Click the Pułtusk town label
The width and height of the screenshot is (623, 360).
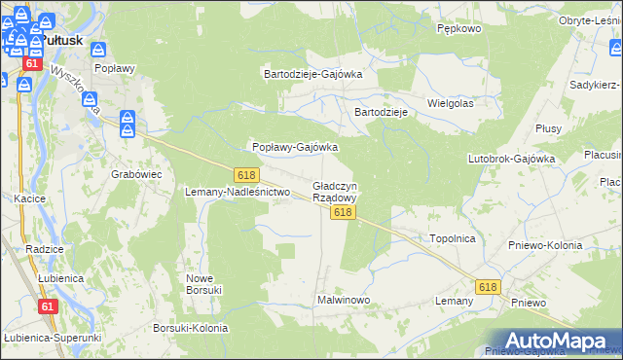[60, 41]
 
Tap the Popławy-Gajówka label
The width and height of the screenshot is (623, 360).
[295, 148]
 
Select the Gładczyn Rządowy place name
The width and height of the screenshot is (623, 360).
[335, 191]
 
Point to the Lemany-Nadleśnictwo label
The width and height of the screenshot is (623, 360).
[238, 193]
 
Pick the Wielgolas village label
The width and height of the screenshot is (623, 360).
[451, 102]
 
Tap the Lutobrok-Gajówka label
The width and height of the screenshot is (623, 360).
[511, 158]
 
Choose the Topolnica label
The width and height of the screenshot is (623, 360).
[452, 237]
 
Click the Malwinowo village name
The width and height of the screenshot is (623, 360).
[344, 300]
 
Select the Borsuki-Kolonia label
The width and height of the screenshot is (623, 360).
[191, 329]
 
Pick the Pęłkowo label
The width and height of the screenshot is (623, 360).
[459, 29]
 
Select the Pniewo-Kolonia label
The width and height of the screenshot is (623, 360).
[545, 245]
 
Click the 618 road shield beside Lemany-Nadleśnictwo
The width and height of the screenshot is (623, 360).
[246, 174]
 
